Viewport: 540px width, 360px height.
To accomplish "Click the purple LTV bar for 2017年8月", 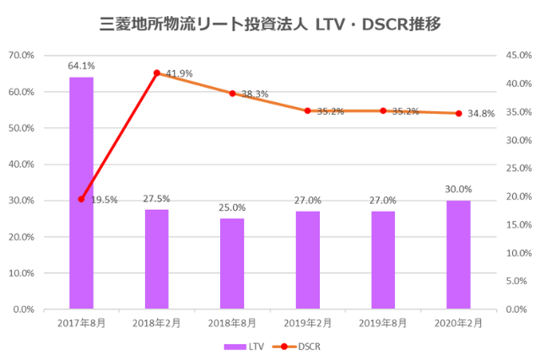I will click(x=81, y=193).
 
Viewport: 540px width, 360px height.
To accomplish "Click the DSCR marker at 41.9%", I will click(x=157, y=73).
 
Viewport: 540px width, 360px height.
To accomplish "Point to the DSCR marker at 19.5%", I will click(x=81, y=199).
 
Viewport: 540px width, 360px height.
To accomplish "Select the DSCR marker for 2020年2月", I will click(x=459, y=113).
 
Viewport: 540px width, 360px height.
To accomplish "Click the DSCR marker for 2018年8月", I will click(x=232, y=94).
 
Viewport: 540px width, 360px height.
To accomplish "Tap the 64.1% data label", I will click(x=81, y=65).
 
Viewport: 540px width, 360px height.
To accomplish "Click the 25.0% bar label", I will click(x=232, y=207).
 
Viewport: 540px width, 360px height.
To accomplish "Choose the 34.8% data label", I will click(x=483, y=113).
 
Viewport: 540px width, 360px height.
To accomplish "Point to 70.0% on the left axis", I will click(x=20, y=56).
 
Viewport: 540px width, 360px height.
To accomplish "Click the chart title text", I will click(x=270, y=24).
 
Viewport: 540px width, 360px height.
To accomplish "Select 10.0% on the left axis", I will click(x=20, y=273).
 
